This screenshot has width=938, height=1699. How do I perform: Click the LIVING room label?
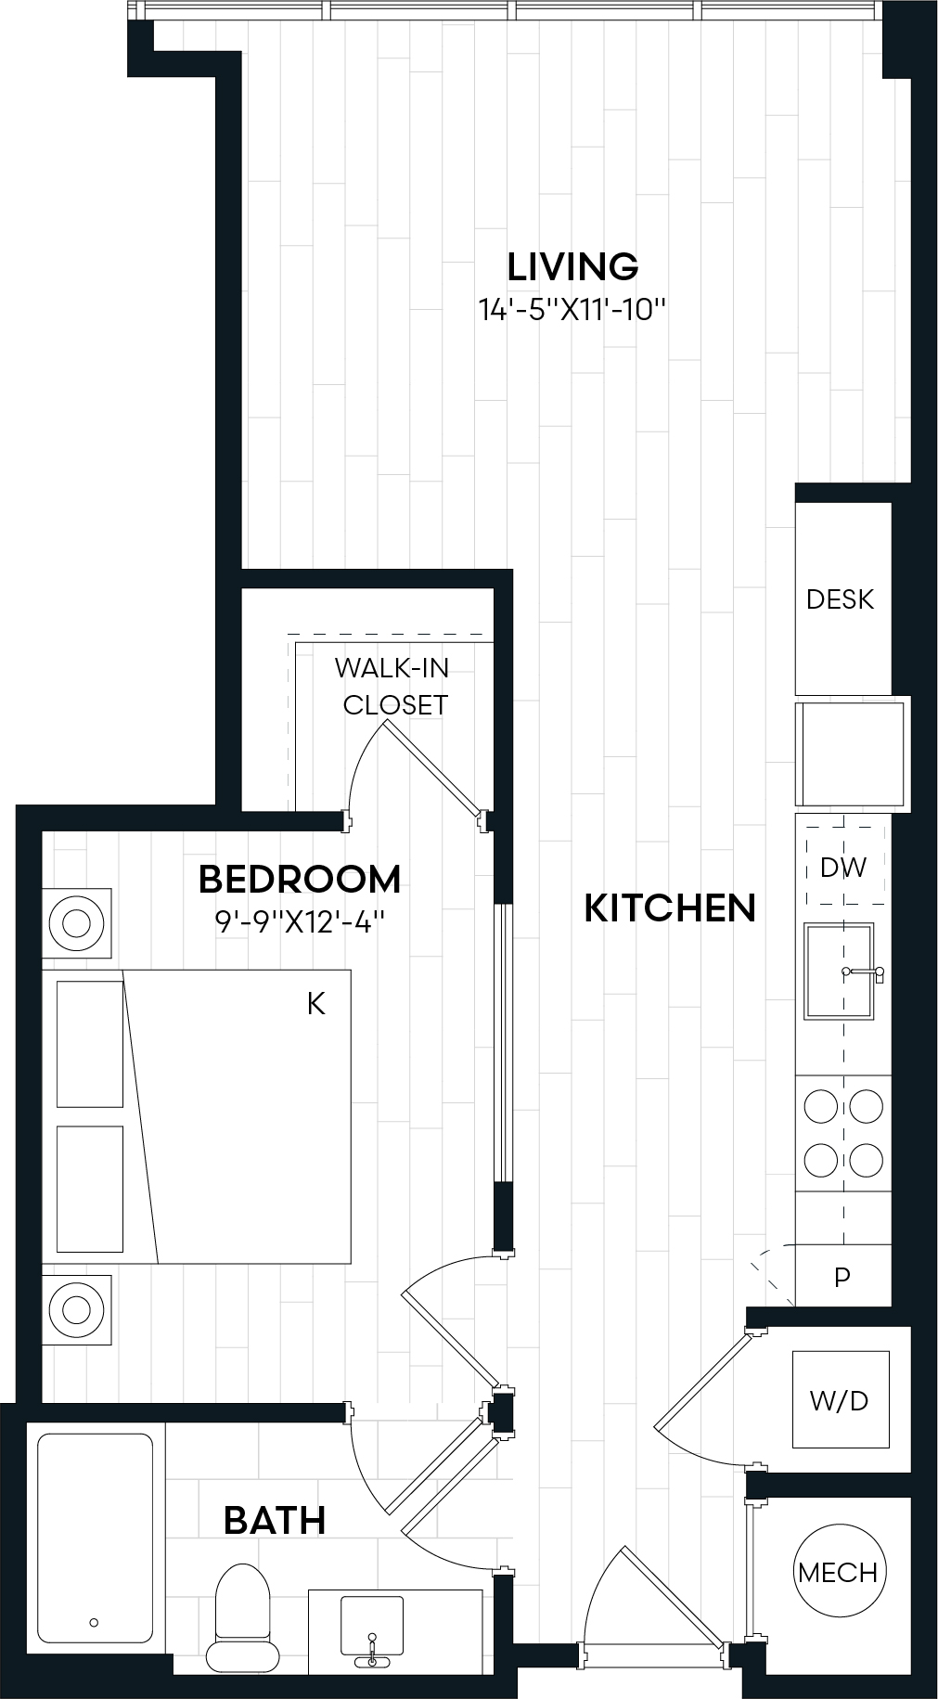pyautogui.click(x=572, y=267)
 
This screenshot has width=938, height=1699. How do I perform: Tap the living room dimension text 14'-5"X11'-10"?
pyautogui.click(x=572, y=310)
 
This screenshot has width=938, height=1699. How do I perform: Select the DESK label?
pyautogui.click(x=840, y=599)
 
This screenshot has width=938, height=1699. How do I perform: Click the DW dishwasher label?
pyautogui.click(x=843, y=868)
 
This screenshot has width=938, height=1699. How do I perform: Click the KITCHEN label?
pyautogui.click(x=670, y=908)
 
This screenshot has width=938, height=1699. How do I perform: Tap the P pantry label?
pyautogui.click(x=842, y=1278)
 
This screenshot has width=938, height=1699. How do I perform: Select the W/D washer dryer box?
pyautogui.click(x=840, y=1399)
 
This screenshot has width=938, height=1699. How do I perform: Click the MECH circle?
pyautogui.click(x=838, y=1572)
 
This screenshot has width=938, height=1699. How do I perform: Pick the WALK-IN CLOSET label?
pyautogui.click(x=393, y=687)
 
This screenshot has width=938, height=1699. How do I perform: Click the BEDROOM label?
pyautogui.click(x=300, y=879)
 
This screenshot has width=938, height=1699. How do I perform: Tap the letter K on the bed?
pyautogui.click(x=316, y=1004)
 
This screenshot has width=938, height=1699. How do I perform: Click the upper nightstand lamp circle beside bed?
pyautogui.click(x=76, y=923)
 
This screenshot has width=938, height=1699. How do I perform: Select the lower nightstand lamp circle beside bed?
pyautogui.click(x=76, y=1310)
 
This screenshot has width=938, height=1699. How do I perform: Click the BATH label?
pyautogui.click(x=275, y=1521)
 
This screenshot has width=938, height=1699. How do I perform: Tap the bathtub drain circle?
pyautogui.click(x=94, y=1623)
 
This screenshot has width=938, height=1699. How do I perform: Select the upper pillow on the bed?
pyautogui.click(x=90, y=1044)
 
